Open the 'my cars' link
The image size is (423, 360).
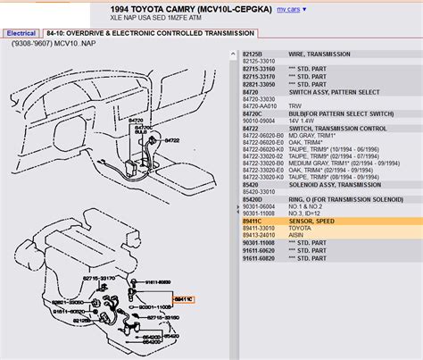(287, 9)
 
